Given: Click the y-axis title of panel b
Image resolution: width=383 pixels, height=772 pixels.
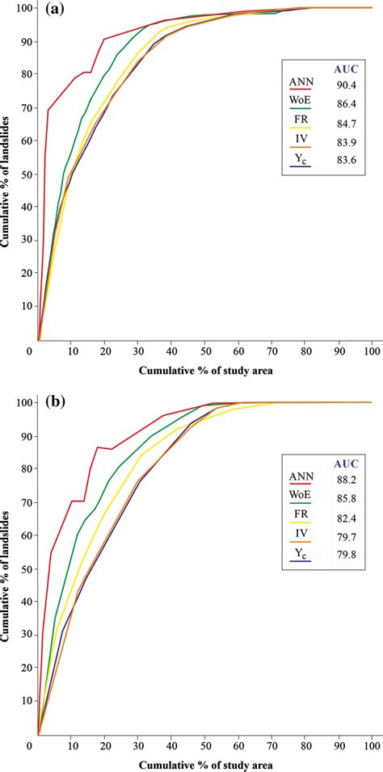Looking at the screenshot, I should point(9,565).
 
